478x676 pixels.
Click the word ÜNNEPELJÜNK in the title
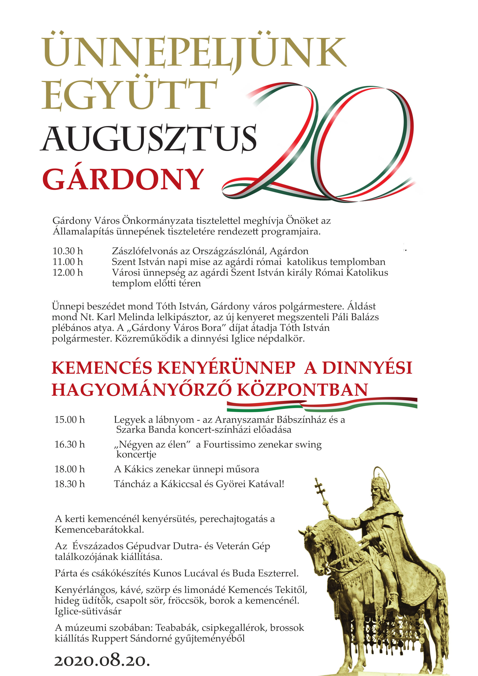pos(194,52)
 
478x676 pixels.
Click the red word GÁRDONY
pos(123,180)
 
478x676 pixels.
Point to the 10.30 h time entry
pos(68,251)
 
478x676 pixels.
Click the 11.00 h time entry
pos(68,262)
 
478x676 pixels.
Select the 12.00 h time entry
pos(68,273)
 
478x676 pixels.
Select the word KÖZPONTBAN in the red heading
pos(302,390)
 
